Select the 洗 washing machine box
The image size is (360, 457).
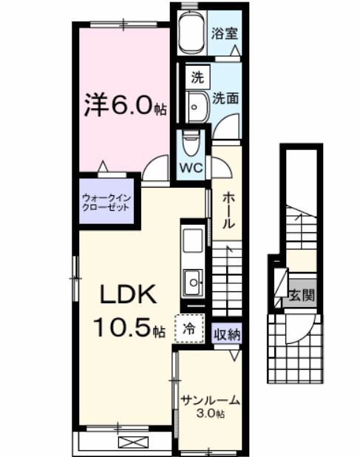[x=197, y=76]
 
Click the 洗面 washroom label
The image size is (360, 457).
[x=225, y=98]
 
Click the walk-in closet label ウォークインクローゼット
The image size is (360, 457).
[x=106, y=202]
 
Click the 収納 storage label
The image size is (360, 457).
[x=228, y=334]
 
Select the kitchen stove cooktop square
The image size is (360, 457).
[x=193, y=241]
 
